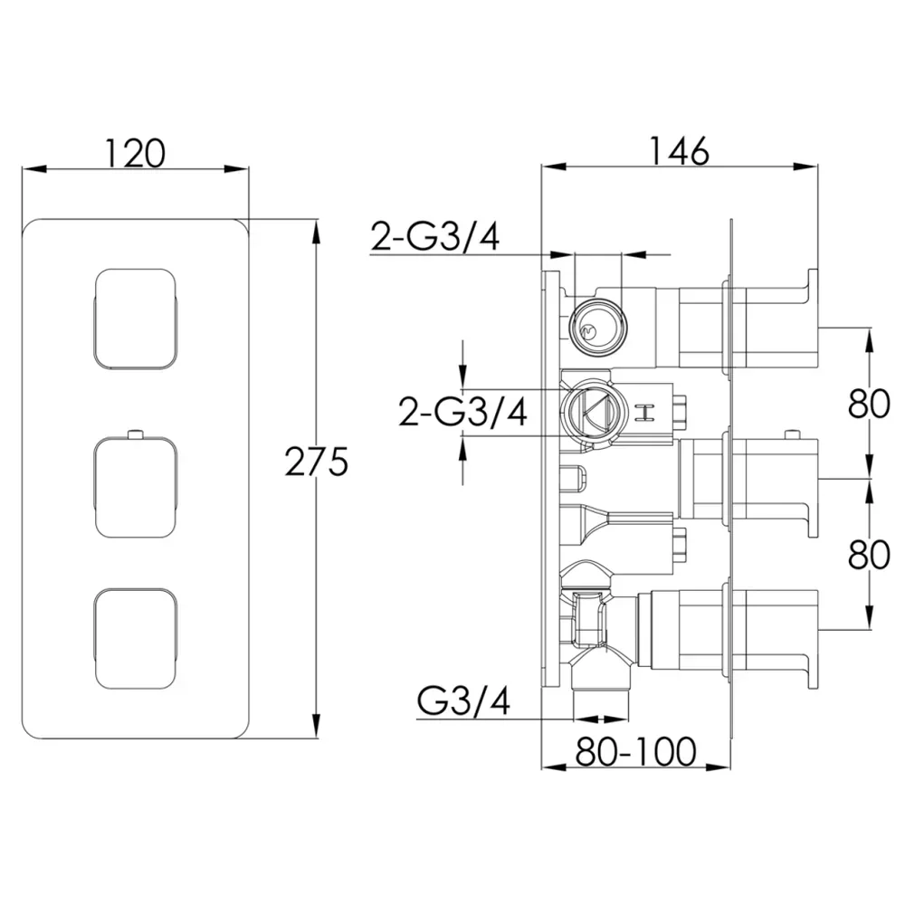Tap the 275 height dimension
[x=316, y=462]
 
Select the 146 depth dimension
[x=680, y=152]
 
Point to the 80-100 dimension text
[x=635, y=751]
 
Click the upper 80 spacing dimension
[x=869, y=404]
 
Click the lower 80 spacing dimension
[x=869, y=555]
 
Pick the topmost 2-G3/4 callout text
[x=434, y=236]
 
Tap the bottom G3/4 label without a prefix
[x=463, y=702]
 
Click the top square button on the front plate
[x=135, y=318]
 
